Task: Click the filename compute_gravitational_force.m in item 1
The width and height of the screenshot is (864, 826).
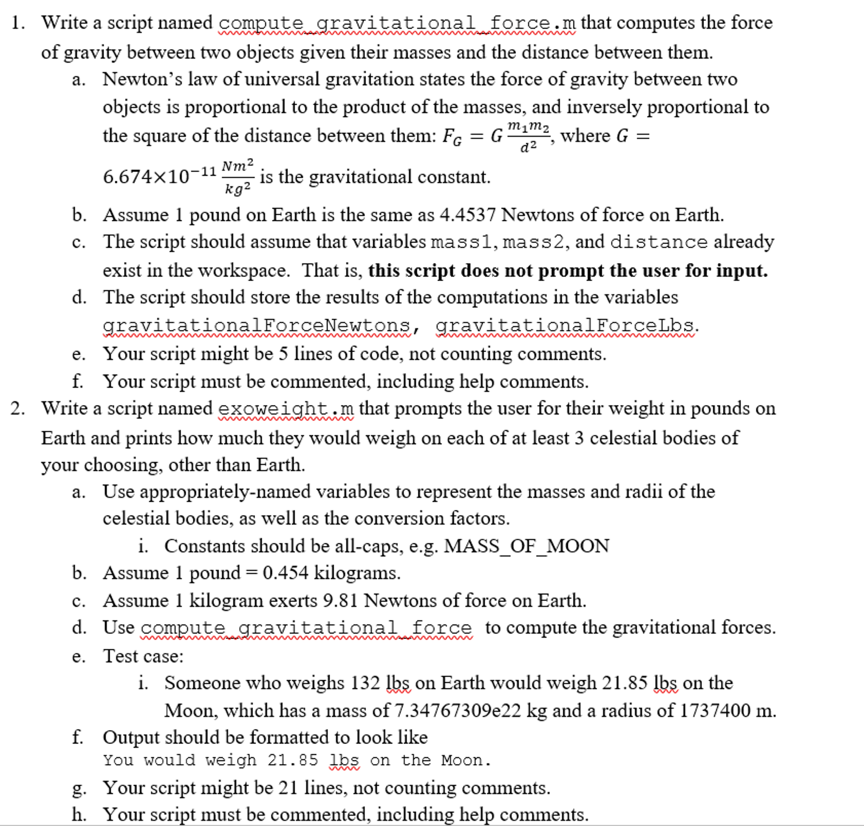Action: tap(397, 23)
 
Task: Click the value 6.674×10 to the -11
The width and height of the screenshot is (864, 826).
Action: tap(159, 177)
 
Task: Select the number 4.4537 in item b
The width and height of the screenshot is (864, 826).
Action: tap(467, 215)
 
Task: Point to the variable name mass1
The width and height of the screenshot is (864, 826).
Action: tap(461, 242)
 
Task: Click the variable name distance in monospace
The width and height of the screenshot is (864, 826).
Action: tap(659, 242)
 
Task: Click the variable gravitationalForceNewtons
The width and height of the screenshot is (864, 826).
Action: tap(256, 326)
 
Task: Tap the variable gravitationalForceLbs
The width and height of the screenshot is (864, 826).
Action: tap(565, 326)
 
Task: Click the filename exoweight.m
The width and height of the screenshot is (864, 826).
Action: tap(286, 409)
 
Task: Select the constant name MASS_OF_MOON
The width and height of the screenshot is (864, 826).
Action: tap(526, 546)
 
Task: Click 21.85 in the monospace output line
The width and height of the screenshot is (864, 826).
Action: tap(293, 760)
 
